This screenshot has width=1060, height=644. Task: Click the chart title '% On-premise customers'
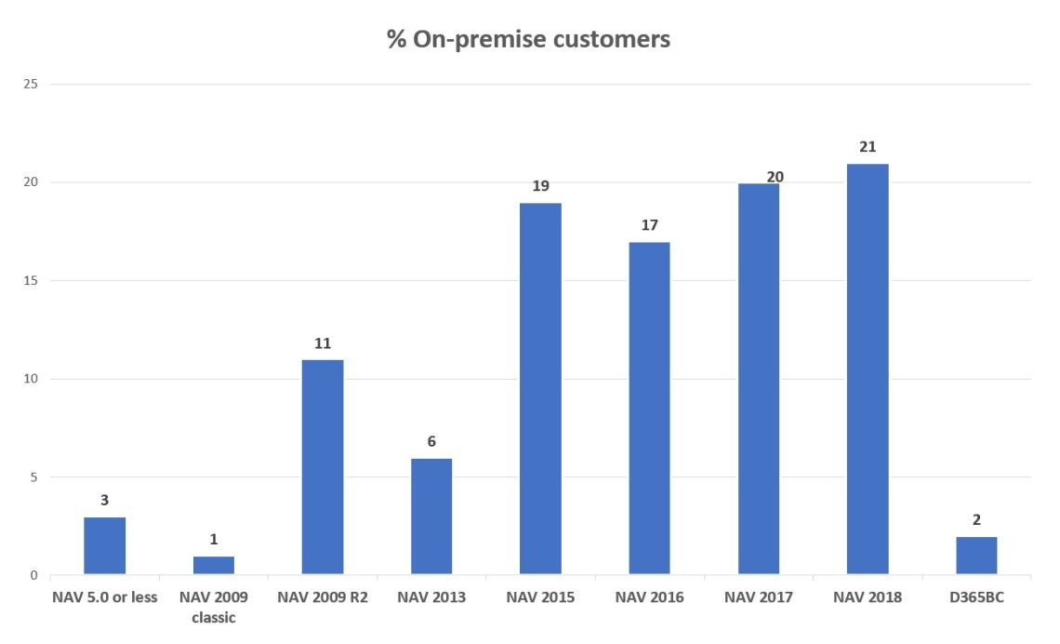coord(528,40)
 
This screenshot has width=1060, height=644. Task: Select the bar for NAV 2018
coord(868,369)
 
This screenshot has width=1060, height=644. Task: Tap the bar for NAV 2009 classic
coord(214,566)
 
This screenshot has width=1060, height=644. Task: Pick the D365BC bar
coord(976,556)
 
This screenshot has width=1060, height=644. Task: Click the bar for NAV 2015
coord(540,389)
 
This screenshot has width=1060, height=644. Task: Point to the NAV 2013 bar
coord(431,517)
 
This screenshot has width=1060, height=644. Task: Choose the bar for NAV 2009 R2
coord(323,467)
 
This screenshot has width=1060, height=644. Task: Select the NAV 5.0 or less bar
coord(104,546)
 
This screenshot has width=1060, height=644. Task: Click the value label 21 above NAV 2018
coord(868,147)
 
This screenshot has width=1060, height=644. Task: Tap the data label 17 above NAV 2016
coord(649,225)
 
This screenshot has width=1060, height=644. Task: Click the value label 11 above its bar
coord(323,343)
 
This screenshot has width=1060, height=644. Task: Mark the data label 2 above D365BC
coord(976,520)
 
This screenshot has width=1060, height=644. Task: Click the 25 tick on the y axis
coord(31,84)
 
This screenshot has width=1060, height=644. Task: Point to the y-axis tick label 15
coord(31,280)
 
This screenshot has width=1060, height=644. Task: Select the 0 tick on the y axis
coord(33,576)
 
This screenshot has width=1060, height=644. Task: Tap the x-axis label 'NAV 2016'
coord(649,597)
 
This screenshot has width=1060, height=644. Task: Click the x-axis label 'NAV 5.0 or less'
coord(104,597)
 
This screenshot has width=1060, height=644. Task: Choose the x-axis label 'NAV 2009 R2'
coord(323,597)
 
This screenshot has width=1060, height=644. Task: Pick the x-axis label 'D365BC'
coord(976,597)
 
